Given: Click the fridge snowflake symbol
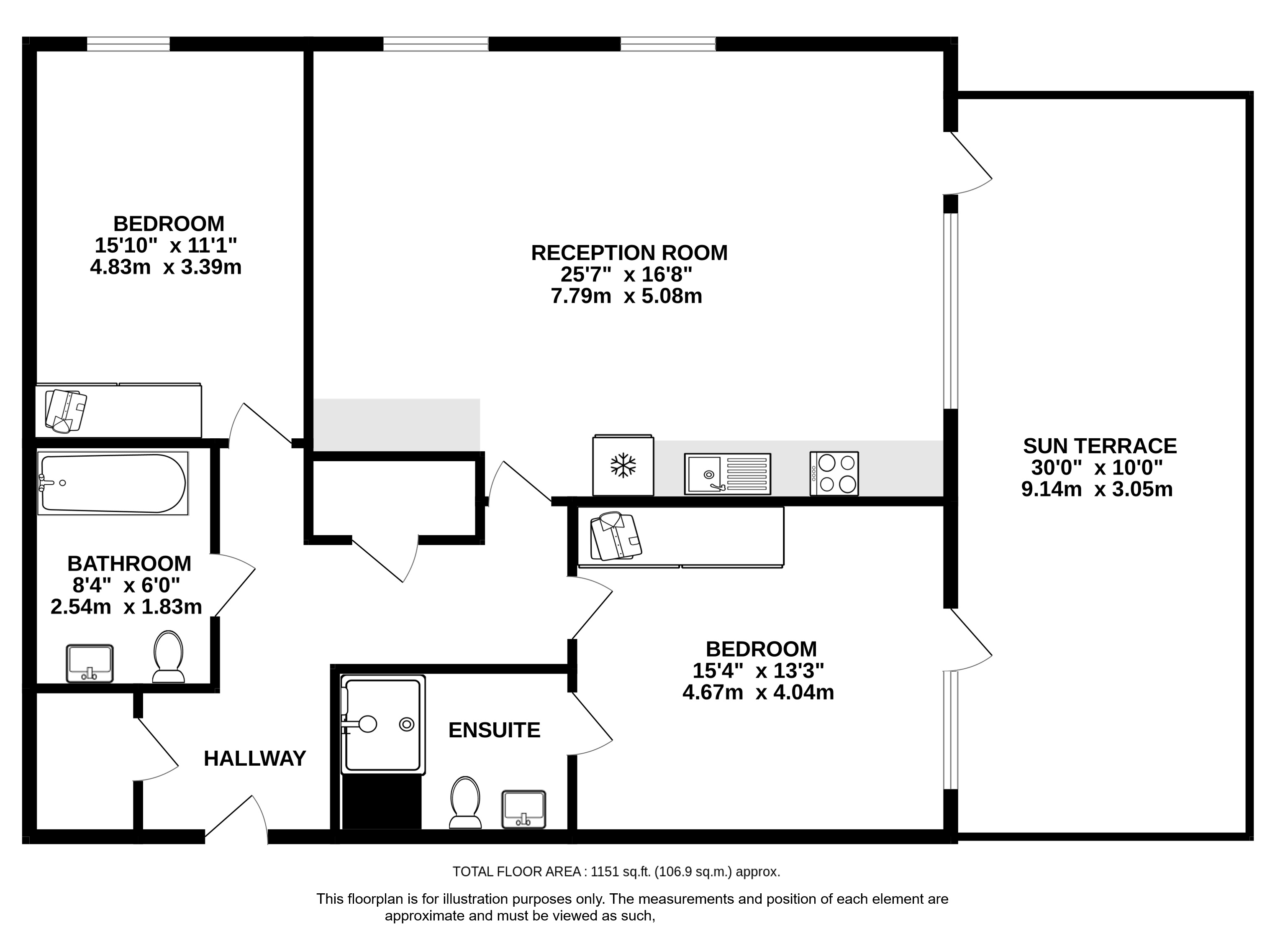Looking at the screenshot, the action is coord(623,465).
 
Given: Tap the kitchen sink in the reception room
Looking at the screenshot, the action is coord(727,474).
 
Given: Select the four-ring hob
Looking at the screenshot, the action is coord(834,473).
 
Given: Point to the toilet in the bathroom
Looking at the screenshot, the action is coord(168,657).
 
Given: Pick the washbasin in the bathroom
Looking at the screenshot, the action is coord(90,664).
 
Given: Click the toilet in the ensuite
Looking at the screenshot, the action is coord(465,803).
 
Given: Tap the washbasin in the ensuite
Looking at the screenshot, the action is coord(523,809).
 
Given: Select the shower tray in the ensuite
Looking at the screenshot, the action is coord(383,725).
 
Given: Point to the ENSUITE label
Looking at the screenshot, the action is coord(494,730).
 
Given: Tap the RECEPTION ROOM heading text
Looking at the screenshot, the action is coord(629,253).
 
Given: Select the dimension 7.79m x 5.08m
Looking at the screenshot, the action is coord(626,296).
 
